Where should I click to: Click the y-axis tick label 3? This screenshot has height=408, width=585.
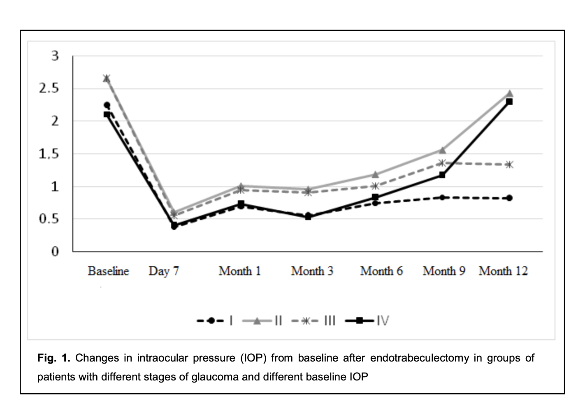(55, 56)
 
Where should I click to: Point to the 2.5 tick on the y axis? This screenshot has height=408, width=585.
(49, 88)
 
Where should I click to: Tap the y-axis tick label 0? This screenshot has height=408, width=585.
(55, 251)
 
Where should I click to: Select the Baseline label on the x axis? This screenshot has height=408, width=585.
(108, 271)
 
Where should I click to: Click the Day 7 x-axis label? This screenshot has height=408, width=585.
(164, 271)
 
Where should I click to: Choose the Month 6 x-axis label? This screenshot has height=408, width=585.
(381, 271)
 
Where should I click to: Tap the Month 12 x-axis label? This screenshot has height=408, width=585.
(503, 271)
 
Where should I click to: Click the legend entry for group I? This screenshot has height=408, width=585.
(216, 321)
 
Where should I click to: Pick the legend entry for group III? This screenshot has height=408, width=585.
(313, 321)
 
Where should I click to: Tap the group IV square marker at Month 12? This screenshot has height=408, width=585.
(509, 102)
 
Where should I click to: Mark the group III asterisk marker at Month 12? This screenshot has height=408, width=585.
(509, 165)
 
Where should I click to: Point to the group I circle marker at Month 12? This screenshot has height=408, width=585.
(509, 198)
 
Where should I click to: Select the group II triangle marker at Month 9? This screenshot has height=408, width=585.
(442, 150)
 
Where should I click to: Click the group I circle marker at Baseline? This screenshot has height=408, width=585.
(107, 105)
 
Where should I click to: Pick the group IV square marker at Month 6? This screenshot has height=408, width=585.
(375, 197)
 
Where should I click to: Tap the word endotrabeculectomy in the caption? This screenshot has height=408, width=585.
(419, 358)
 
